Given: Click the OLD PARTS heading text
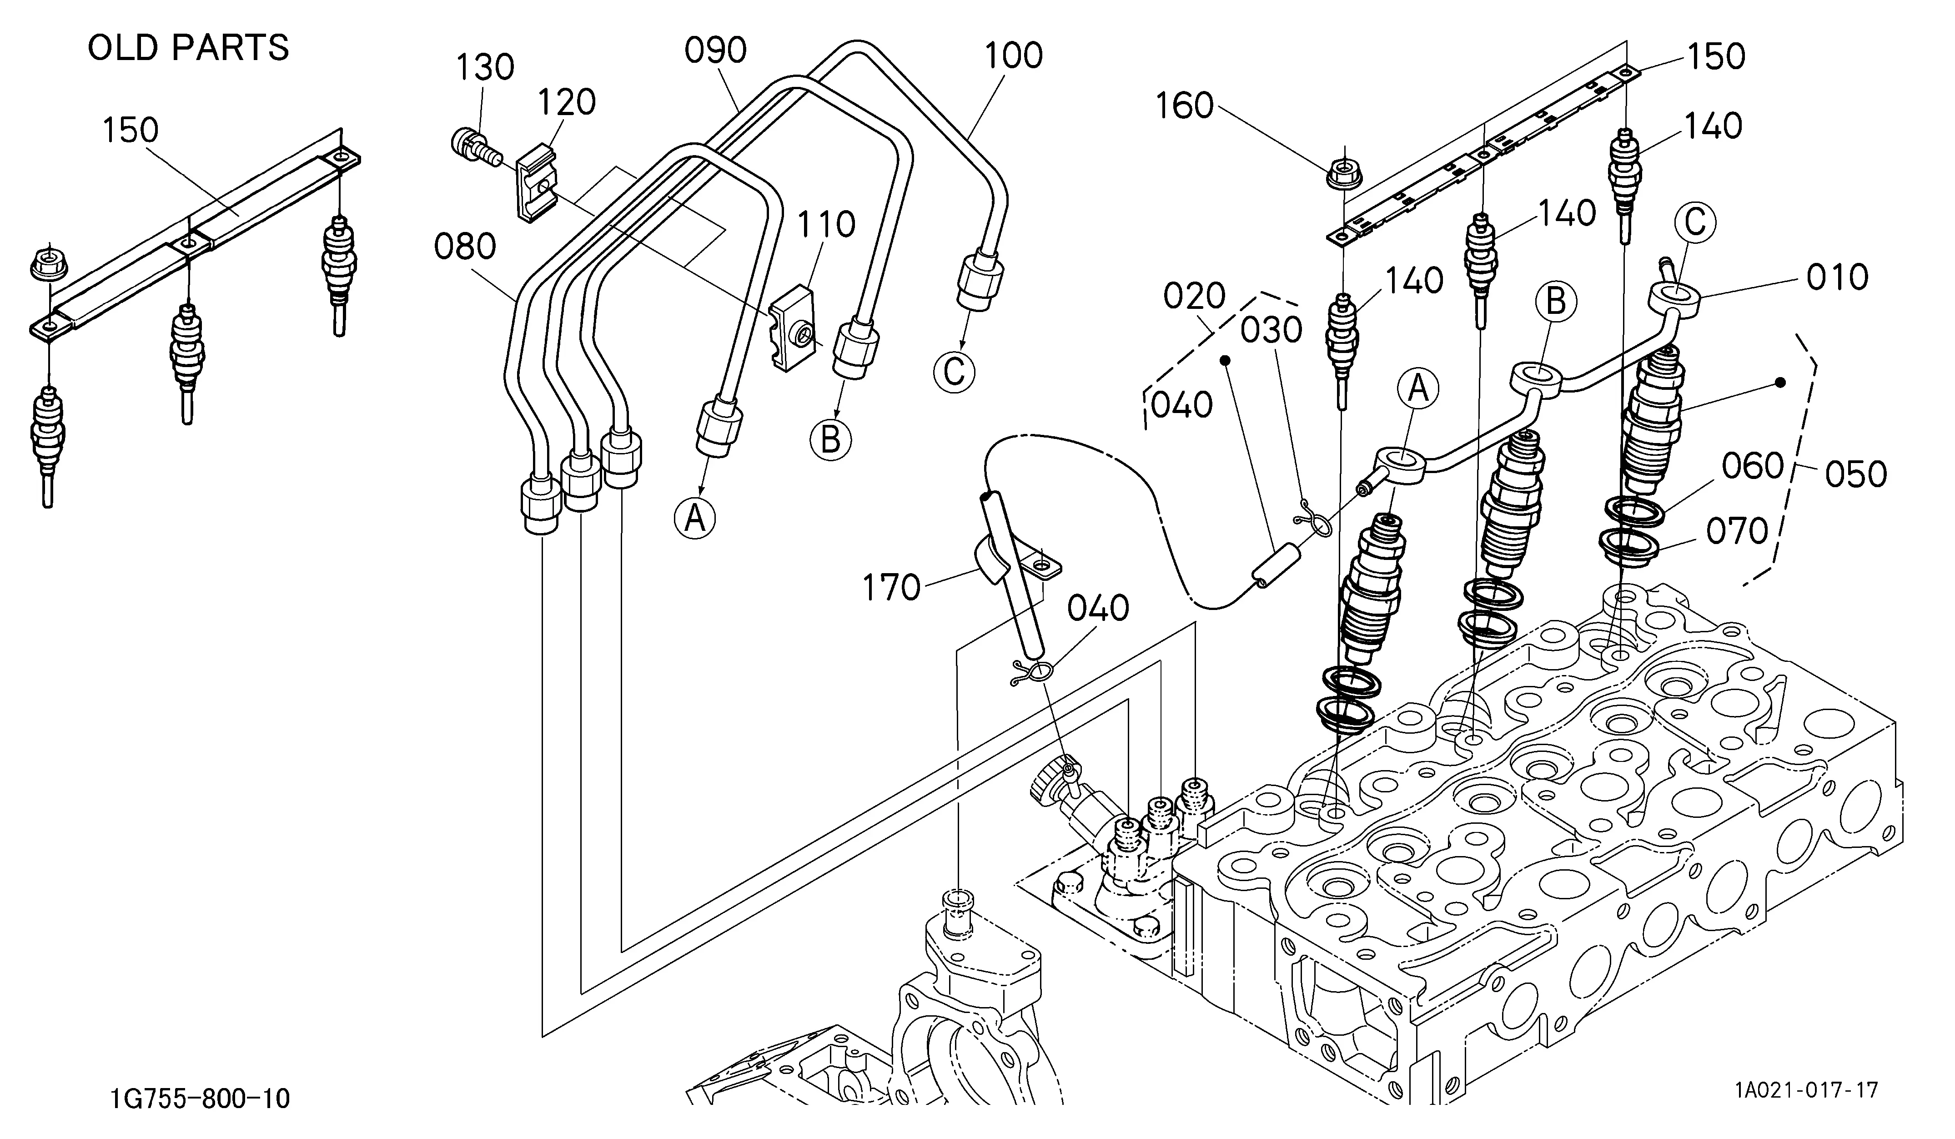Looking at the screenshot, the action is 189,48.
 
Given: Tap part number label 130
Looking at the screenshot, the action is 485,67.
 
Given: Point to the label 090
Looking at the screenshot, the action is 715,50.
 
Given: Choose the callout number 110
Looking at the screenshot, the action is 827,225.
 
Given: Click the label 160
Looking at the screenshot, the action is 1185,106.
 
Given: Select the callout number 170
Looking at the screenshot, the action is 891,588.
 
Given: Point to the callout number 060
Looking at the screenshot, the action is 1753,466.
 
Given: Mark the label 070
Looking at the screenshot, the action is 1737,531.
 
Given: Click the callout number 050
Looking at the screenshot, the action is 1856,474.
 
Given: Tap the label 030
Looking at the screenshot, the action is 1271,331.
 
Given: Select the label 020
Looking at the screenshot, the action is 1195,297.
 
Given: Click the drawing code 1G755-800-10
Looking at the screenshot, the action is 200,1099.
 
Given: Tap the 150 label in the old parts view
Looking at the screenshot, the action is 131,131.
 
